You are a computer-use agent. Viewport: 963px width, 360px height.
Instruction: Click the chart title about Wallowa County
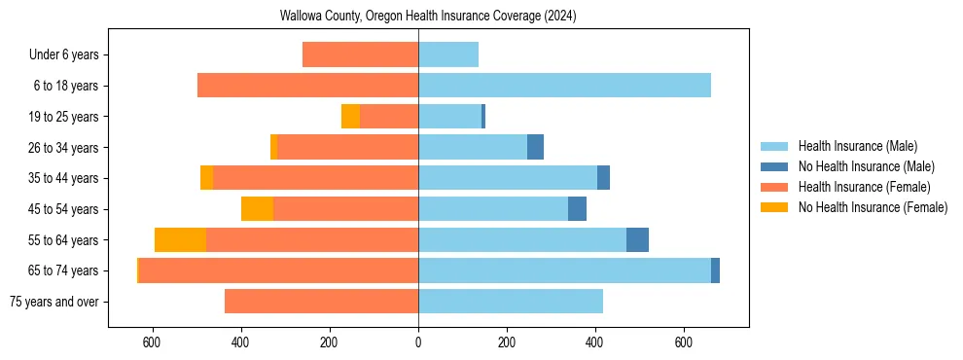pyautogui.click(x=428, y=17)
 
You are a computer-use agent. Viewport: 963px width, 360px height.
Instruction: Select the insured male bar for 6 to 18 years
pyautogui.click(x=564, y=86)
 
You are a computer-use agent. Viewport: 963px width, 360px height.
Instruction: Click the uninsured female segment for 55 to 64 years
pyautogui.click(x=180, y=239)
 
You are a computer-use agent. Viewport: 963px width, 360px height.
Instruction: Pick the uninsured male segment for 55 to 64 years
pyautogui.click(x=637, y=239)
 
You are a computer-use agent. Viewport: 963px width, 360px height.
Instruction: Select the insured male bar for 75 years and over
pyautogui.click(x=511, y=302)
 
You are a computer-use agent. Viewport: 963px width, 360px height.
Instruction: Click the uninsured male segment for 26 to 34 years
pyautogui.click(x=535, y=147)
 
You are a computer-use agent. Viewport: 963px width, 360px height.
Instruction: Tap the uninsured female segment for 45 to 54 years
pyautogui.click(x=257, y=209)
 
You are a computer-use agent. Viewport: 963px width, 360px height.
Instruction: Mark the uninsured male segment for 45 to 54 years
pyautogui.click(x=577, y=209)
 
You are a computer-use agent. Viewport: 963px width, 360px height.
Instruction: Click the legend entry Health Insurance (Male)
pyautogui.click(x=857, y=147)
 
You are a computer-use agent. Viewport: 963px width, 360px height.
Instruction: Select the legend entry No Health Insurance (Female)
pyautogui.click(x=873, y=207)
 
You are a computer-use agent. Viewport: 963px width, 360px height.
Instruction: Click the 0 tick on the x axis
pyautogui.click(x=418, y=342)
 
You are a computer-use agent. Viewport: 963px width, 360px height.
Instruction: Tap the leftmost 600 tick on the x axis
pyautogui.click(x=152, y=342)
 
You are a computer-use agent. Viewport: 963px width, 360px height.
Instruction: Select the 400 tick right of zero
pyautogui.click(x=595, y=342)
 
